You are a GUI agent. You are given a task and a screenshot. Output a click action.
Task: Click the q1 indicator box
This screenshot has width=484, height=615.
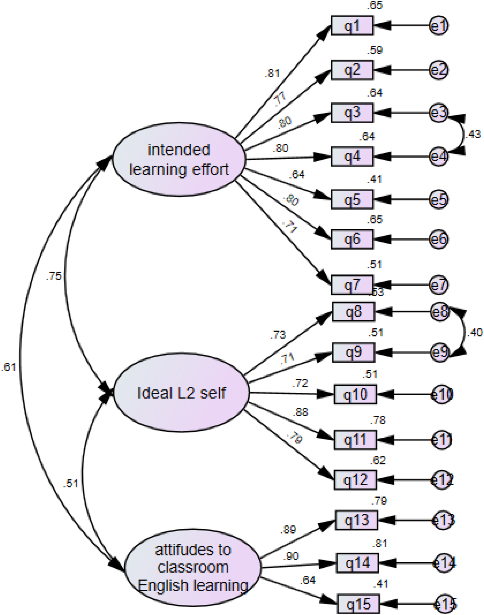coord(352,26)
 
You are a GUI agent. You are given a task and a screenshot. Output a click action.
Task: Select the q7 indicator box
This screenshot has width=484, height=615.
coord(352,285)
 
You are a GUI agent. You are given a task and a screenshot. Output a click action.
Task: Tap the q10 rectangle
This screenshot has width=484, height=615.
coord(355,394)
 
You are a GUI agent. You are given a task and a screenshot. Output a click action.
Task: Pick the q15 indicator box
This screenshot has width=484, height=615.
coord(358,604)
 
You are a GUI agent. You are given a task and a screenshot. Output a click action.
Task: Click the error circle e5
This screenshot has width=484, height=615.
coord(439,200)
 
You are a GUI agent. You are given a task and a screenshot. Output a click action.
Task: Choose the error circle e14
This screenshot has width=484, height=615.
coord(444,563)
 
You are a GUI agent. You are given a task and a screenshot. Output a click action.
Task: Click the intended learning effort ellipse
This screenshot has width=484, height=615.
coord(179,159)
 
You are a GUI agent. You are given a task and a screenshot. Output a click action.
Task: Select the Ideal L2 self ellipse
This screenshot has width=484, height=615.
coord(181,393)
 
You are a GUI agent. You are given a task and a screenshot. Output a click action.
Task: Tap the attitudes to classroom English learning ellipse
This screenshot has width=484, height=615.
coord(193,568)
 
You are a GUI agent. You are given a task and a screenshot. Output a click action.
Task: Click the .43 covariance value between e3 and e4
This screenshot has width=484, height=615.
coord(473,134)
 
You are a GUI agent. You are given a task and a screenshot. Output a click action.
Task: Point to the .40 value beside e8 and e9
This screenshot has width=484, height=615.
coord(474,333)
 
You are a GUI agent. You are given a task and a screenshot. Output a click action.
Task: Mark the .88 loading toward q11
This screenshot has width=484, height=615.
coord(300,412)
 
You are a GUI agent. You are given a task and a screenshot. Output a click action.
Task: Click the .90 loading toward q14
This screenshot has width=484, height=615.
coord(291,556)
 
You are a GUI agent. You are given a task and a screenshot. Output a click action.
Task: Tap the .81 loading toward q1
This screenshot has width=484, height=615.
coord(272,73)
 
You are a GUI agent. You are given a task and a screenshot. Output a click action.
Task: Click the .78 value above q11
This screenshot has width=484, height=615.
coord(378,420)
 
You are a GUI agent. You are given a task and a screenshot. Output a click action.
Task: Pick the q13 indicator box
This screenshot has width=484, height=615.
coord(356,520)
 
